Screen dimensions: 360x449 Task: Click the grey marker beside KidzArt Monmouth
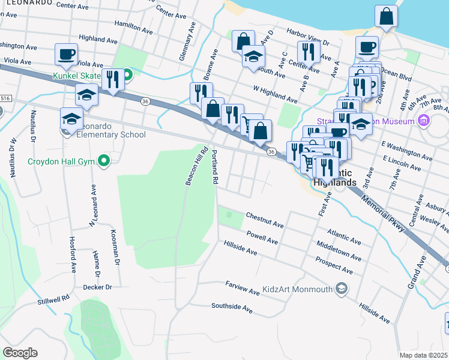[x=342, y=289]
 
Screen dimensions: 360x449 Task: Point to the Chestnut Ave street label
[x=265, y=220]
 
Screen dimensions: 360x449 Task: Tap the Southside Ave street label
[x=232, y=307]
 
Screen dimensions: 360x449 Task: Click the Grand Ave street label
[x=418, y=272]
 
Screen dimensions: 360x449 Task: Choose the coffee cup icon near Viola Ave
[x=66, y=54]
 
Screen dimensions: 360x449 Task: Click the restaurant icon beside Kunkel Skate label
[x=113, y=79]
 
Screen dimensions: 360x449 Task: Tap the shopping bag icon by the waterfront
[x=386, y=16]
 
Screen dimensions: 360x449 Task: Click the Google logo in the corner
[x=20, y=353]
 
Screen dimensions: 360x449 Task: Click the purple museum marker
[x=424, y=122]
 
